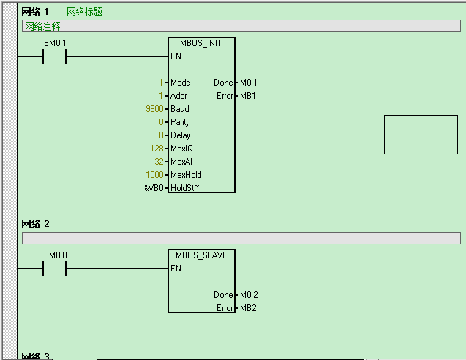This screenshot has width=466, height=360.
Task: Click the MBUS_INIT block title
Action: pos(201,43)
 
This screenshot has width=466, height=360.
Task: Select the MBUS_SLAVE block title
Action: pos(201,255)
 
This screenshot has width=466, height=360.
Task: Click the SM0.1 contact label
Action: pos(55,43)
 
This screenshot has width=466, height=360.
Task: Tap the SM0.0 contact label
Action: pos(55,255)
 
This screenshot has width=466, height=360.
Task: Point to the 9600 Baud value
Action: pos(155,109)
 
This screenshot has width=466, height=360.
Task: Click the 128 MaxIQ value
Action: pos(157,149)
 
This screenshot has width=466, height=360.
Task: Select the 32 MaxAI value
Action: pos(159,162)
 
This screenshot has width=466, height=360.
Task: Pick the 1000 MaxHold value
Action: pos(155,175)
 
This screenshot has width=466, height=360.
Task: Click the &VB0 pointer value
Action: pos(155,188)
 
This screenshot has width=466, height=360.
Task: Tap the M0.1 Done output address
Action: pos(249,83)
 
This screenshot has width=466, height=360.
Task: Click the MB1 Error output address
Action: pos(248,96)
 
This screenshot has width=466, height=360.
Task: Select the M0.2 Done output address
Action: pos(249,295)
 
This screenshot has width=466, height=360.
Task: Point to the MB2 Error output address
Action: pos(248,308)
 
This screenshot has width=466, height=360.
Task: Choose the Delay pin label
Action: pos(180,135)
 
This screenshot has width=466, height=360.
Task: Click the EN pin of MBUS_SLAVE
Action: pos(176,269)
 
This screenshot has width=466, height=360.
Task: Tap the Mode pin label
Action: pos(180,83)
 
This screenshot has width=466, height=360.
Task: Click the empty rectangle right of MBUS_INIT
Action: pos(421,135)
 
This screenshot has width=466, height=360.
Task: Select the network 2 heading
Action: pos(35,224)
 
